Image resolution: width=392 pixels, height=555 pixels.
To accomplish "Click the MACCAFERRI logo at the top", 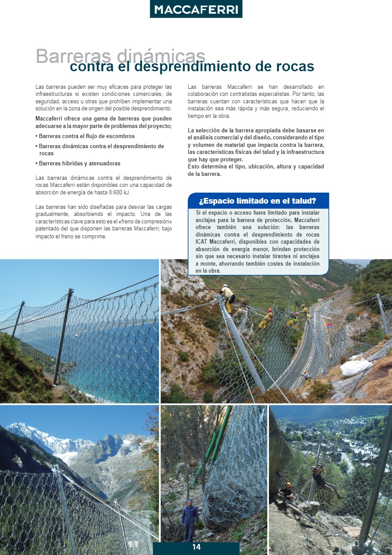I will (196, 9).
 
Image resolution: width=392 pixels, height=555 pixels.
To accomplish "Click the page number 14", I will (196, 548).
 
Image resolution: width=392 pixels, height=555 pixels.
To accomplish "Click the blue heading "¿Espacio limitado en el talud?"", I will (258, 201).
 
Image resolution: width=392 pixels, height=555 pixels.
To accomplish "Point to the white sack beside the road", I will (356, 367).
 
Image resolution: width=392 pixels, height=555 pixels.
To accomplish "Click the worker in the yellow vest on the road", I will (306, 377).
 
